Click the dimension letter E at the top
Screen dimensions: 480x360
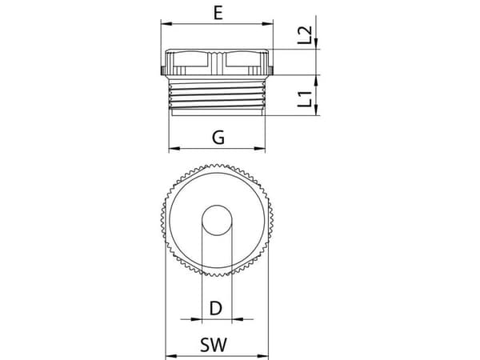[218, 13]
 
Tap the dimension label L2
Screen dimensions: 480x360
[305, 35]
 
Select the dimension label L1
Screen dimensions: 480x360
[305, 98]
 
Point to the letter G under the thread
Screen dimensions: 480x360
[218, 137]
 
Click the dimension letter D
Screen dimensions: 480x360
[216, 308]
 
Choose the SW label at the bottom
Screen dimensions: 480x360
[214, 345]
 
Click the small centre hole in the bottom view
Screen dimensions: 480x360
[217, 221]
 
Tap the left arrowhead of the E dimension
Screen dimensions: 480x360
[166, 23]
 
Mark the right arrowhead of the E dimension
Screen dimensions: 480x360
[268, 23]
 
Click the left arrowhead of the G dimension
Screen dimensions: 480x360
[174, 149]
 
